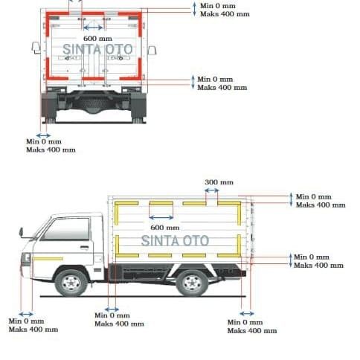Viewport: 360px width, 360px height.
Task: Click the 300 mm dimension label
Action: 219,182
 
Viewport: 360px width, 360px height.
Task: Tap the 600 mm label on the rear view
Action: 97,39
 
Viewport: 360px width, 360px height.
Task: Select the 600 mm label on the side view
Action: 165,228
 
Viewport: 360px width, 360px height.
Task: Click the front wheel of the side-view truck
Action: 71,283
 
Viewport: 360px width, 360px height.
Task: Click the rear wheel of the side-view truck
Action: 192,283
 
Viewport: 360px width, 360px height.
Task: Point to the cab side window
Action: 65,229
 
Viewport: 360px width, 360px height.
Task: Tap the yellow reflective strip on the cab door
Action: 48,259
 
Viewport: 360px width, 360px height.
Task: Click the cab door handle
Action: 84,247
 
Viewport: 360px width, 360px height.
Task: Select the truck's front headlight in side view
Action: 26,259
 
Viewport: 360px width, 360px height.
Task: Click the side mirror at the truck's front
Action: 21,232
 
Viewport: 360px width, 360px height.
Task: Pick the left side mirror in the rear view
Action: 36,48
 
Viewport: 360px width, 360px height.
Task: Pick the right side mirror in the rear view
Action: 152,51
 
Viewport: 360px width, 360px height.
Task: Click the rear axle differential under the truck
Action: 93,106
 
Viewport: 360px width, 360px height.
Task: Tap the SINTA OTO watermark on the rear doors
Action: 97,49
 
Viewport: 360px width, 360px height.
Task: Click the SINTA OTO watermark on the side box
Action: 175,241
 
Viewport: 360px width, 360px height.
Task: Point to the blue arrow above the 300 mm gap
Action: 212,190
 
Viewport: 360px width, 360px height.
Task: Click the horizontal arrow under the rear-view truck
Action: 43,135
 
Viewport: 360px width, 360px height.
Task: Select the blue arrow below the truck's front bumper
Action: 26,315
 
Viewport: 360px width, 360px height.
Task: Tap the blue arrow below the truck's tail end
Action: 247,314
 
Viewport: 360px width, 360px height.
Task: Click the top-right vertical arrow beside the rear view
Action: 195,10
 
